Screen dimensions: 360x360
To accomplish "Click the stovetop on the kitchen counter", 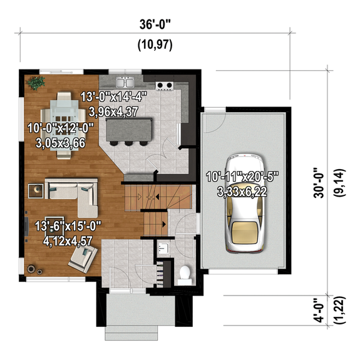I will pos(165,85).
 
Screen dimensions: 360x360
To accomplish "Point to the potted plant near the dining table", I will pos(35,83).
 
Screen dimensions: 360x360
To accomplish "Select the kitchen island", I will pos(130,130).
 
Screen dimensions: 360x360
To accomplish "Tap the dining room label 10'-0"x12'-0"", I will pos(60,128).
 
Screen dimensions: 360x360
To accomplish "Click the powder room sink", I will pos(163,248).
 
